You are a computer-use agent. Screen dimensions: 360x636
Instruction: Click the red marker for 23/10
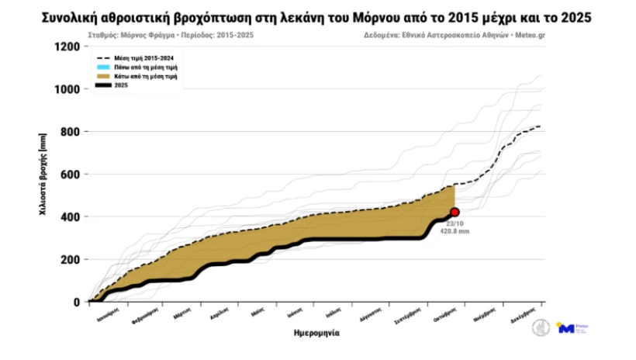click(455, 212)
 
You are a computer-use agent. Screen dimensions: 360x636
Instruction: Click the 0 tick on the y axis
click(76, 303)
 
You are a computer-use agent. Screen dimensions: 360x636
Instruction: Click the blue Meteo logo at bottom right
click(567, 328)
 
